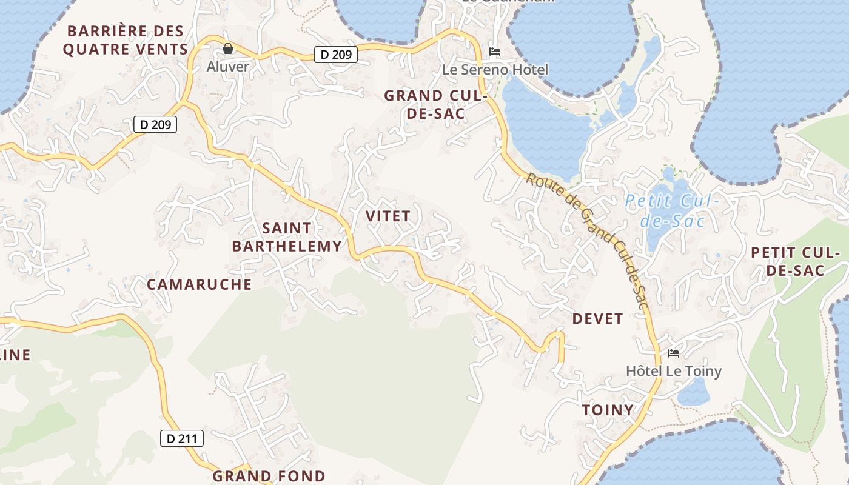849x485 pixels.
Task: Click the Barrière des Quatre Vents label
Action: (125, 40)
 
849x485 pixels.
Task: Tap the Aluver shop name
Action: (228, 67)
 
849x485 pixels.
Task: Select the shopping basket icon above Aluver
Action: (228, 48)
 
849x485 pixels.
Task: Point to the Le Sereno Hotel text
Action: (495, 70)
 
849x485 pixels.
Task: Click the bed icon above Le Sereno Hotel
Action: (495, 52)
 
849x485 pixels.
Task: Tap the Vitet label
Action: (388, 216)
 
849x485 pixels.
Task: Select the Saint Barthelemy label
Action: (287, 237)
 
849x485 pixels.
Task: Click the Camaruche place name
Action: (200, 284)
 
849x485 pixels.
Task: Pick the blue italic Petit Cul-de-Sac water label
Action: (672, 210)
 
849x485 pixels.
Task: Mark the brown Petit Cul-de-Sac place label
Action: (796, 261)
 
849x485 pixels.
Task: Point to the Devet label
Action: (597, 319)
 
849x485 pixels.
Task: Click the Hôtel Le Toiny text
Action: (674, 371)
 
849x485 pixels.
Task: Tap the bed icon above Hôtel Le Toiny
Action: (673, 353)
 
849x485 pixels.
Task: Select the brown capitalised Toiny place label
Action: (608, 410)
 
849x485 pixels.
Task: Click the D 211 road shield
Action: (182, 438)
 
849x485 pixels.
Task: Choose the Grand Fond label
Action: (269, 476)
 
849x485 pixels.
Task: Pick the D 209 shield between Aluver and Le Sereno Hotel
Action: (336, 55)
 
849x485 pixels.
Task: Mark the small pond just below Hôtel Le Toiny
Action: (693, 393)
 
